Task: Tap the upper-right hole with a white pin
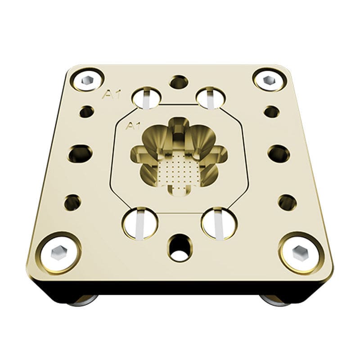[211, 97]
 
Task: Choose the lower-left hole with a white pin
[139, 222]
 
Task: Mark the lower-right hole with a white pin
[219, 223]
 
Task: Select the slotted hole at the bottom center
[179, 247]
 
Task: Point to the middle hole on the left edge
[80, 153]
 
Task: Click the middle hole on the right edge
[279, 153]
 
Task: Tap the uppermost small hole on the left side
[86, 111]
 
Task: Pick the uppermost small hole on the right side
[272, 111]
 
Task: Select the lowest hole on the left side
[72, 202]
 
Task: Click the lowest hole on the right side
[287, 202]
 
